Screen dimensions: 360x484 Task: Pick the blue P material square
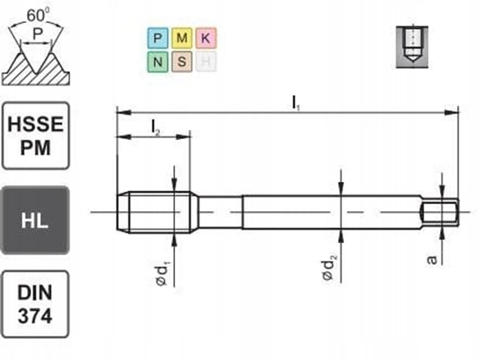157,39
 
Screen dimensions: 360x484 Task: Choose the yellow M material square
181,39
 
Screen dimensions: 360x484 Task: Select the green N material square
157,62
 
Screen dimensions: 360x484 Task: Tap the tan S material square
181,62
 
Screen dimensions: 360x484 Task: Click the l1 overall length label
296,101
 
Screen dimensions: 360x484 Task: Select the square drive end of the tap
440,212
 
